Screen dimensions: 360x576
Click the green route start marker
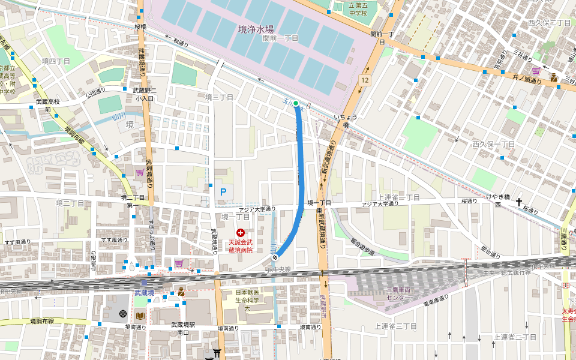click(x=296, y=103)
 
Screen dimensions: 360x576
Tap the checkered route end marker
click(x=275, y=257)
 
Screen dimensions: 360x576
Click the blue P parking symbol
click(x=223, y=192)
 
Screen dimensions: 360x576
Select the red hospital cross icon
click(x=241, y=232)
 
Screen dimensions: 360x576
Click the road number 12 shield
click(x=365, y=80)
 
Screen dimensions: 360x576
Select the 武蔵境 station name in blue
click(x=144, y=292)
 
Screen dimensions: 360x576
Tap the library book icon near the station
click(x=140, y=316)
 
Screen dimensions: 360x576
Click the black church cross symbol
click(x=519, y=202)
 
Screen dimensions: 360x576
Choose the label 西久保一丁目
click(x=494, y=145)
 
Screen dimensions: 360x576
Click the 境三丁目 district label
click(x=219, y=97)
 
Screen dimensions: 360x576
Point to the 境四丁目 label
click(x=56, y=61)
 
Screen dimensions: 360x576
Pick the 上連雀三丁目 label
click(x=395, y=326)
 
